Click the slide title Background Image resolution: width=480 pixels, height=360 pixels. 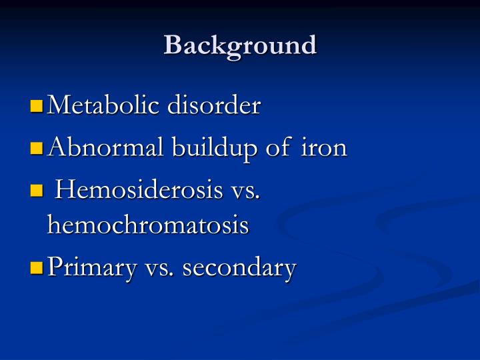point(240,45)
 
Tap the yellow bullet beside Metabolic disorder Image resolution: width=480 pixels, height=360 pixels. point(37,105)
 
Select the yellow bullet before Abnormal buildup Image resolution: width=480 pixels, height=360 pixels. point(37,148)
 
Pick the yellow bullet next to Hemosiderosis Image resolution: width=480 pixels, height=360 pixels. point(37,191)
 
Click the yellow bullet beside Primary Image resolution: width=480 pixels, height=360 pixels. point(37,269)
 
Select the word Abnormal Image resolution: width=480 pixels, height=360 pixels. point(96,148)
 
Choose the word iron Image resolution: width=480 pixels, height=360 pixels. point(325,148)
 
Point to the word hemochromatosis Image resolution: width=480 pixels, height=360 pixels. point(148,225)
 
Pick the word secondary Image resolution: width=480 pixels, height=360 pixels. point(239,269)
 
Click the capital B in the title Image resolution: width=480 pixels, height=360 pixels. point(173,45)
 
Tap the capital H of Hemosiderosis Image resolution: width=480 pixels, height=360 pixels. point(65,191)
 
